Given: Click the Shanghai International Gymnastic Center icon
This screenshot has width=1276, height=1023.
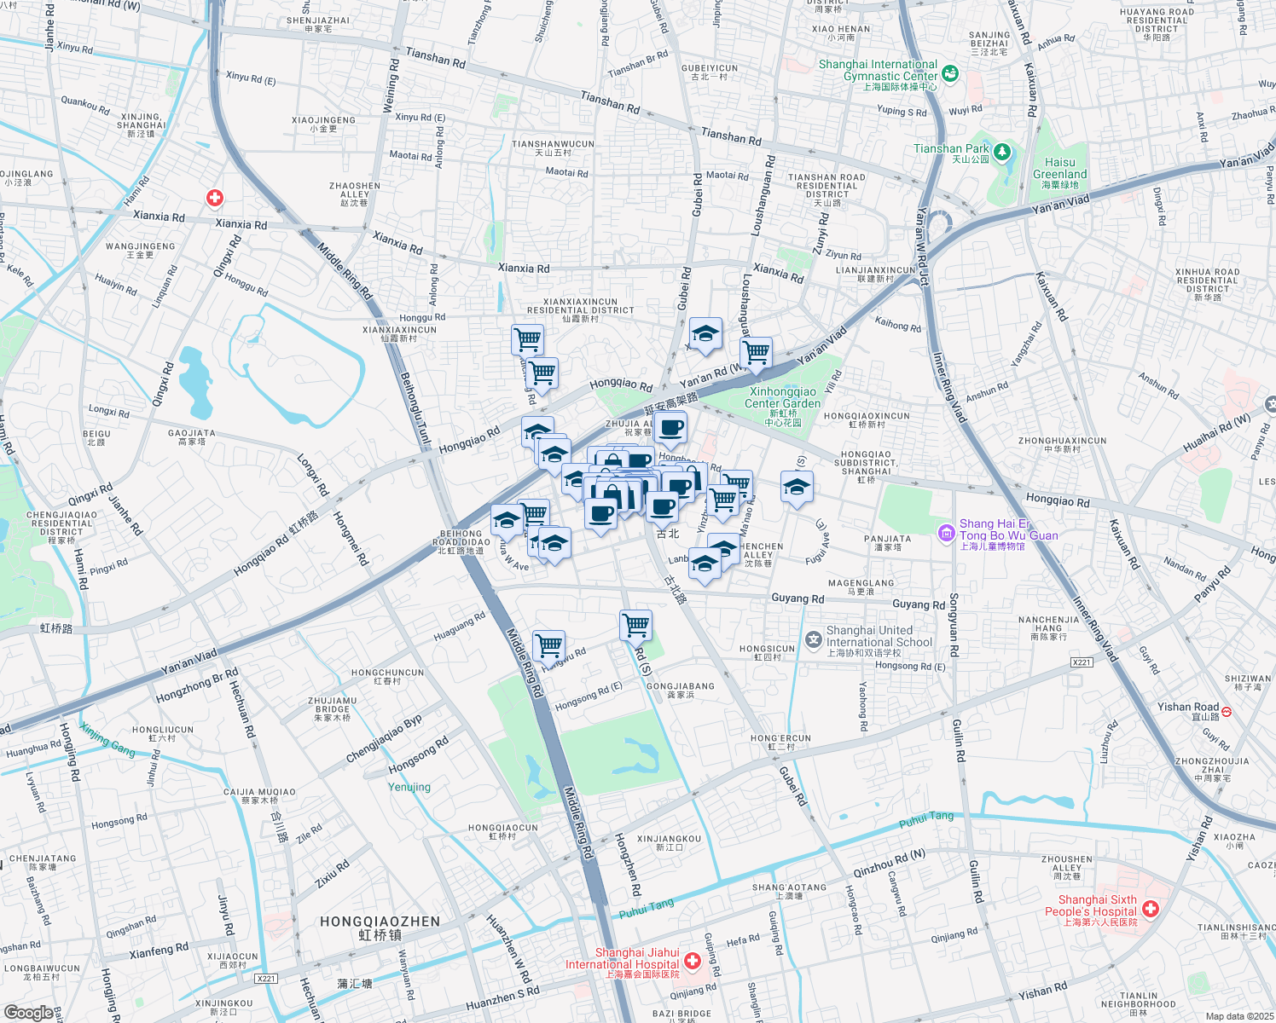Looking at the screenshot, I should (950, 74).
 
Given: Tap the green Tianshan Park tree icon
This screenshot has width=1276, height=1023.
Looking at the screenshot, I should (1002, 153).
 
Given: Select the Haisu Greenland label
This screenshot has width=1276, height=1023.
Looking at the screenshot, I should (1060, 169).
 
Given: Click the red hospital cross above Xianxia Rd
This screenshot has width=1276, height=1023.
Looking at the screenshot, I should (215, 198).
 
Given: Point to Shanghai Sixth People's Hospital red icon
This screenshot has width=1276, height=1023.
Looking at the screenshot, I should (1151, 910).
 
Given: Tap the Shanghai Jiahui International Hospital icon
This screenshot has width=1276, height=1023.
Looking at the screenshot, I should (693, 961).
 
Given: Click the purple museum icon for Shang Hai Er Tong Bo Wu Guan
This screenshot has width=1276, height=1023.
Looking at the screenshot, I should (946, 534).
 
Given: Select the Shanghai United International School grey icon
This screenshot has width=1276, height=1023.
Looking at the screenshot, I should (814, 639).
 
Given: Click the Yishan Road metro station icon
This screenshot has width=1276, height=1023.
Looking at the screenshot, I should (1227, 710).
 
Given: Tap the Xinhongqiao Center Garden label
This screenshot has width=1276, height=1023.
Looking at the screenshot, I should (782, 398).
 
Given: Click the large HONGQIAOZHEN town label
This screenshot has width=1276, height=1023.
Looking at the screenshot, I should (380, 922).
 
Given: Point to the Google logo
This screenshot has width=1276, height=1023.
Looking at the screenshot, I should (28, 1012).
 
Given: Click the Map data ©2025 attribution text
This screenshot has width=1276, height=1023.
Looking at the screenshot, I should (1238, 1016).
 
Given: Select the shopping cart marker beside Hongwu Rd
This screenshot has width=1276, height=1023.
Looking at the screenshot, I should (548, 644).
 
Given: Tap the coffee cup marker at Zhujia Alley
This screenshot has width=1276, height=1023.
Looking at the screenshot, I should (670, 428).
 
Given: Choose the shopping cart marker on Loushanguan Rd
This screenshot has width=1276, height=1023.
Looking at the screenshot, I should (756, 351).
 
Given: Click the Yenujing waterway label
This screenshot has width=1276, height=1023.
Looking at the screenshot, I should (409, 787).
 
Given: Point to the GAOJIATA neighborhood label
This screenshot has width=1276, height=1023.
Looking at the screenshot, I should (191, 437).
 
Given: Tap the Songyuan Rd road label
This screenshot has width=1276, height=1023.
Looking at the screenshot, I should (954, 625).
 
